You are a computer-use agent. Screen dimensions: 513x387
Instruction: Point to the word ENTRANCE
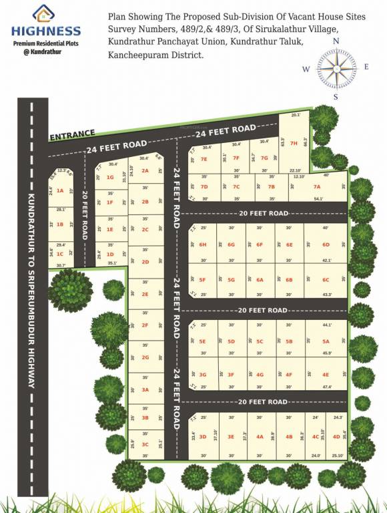(x=71, y=135)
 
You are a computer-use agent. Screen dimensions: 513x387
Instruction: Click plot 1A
(x=59, y=191)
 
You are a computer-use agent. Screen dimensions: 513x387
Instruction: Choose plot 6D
(x=326, y=244)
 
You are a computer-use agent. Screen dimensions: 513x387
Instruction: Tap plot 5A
(x=326, y=341)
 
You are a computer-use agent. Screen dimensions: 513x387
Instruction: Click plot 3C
(x=145, y=444)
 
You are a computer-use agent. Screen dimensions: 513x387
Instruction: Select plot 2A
(x=145, y=171)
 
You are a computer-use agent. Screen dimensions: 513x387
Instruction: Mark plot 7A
(x=317, y=186)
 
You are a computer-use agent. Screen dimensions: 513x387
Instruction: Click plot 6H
(x=203, y=244)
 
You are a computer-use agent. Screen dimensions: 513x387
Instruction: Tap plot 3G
(x=203, y=375)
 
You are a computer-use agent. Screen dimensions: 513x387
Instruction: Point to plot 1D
(x=110, y=254)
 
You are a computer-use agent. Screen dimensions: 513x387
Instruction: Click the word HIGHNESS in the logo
(x=45, y=31)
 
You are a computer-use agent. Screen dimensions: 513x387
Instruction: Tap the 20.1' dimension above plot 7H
(x=296, y=116)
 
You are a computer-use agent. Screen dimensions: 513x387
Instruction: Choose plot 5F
(x=203, y=280)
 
